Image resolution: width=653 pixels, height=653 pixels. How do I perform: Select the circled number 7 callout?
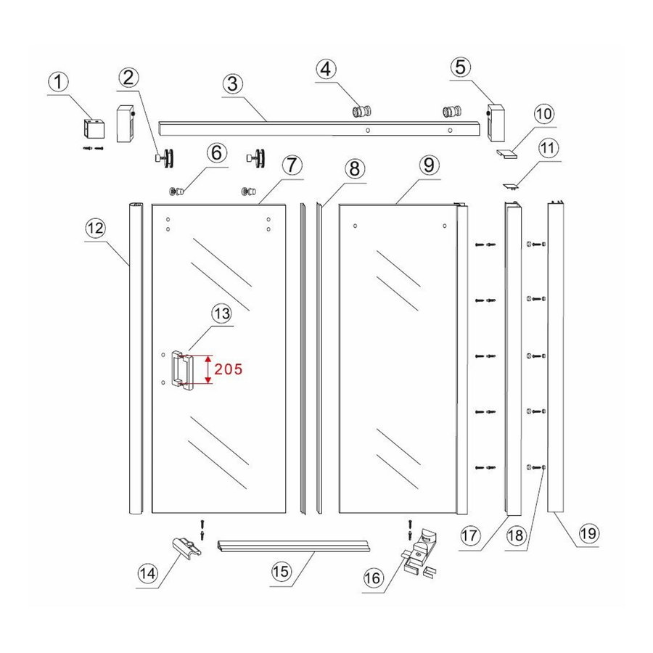(x=291, y=165)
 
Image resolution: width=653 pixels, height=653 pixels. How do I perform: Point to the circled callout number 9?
(x=428, y=165)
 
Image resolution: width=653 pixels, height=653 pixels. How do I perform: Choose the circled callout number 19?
(x=588, y=534)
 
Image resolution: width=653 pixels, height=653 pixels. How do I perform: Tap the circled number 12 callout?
(x=95, y=228)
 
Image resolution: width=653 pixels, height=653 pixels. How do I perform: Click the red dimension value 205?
(x=228, y=369)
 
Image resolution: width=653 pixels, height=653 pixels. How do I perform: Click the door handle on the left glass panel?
(x=181, y=370)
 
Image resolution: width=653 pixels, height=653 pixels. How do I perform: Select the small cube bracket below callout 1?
(x=94, y=129)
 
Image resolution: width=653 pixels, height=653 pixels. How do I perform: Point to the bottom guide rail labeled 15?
(x=294, y=546)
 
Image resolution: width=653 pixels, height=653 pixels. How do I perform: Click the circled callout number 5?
(x=460, y=67)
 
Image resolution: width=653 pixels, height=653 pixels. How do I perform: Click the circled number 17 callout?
(x=470, y=537)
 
